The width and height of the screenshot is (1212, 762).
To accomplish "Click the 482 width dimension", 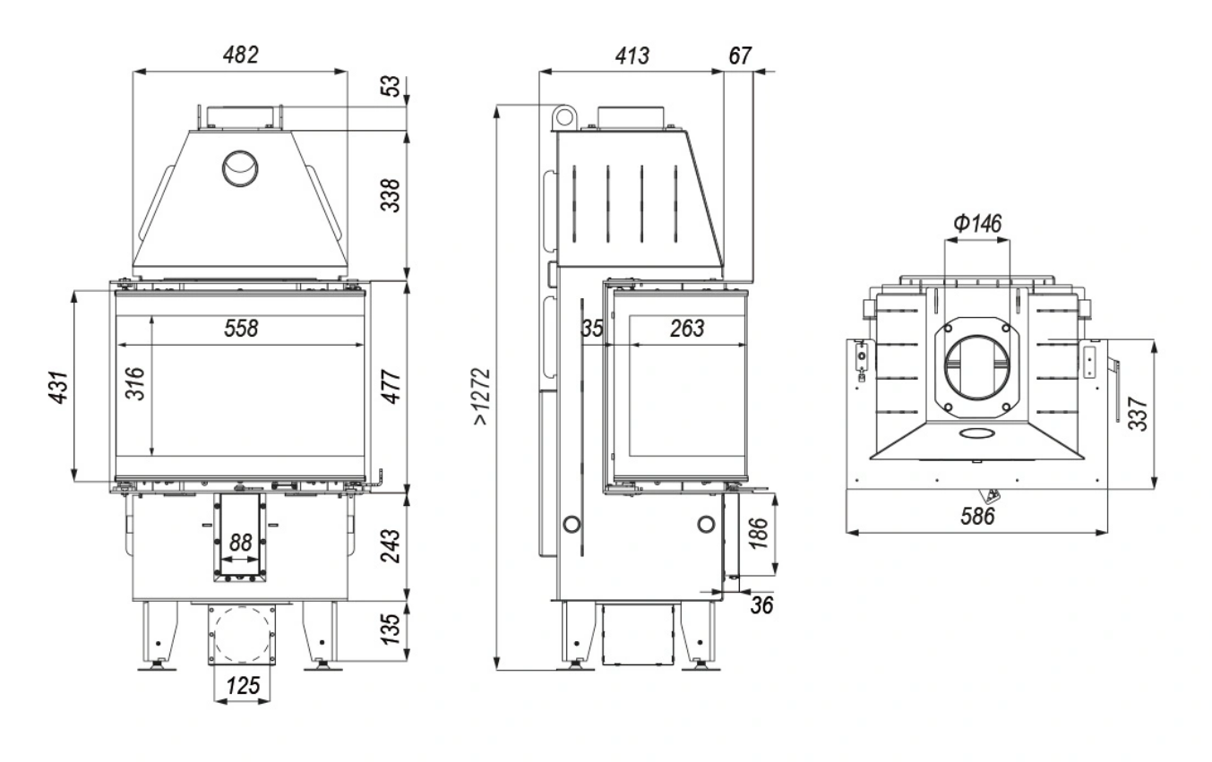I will point(240,55).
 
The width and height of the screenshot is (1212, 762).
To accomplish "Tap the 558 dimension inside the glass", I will point(240,329).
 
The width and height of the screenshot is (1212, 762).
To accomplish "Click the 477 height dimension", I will point(391,386).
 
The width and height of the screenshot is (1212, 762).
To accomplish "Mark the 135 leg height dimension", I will point(391,630).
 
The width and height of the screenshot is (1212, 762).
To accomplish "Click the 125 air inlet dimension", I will point(242,687).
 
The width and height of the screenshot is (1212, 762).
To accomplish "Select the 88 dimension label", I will point(239,543).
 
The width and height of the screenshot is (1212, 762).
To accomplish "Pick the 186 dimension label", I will point(767,534).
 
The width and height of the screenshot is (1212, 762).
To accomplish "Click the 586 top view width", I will point(978,517).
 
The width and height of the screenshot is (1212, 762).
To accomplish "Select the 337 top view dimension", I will point(1138,413).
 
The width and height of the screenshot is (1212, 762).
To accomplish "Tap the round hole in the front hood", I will point(240,167).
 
